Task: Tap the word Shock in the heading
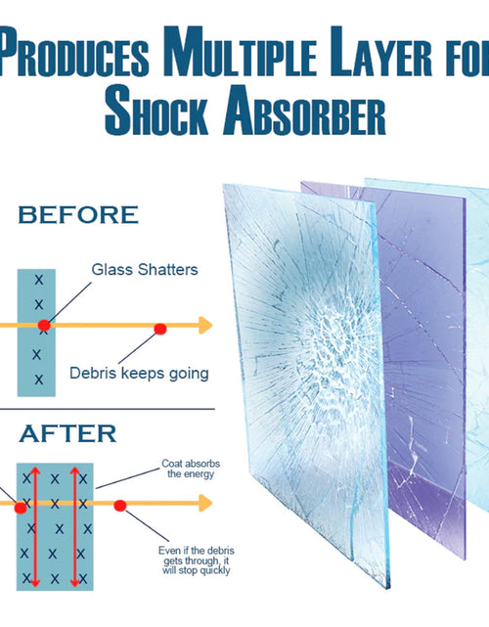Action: pos(156,111)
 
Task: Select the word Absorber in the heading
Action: pos(305,111)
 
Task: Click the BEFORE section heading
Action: pos(78,215)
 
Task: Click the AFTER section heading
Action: pos(67,433)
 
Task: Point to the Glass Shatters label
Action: pos(145,270)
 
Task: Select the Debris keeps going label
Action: pos(139,374)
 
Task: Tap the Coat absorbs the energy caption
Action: pos(191,469)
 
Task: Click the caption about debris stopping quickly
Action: pos(197,560)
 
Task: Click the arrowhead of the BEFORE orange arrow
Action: pos(205,325)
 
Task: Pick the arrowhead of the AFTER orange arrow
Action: pos(205,503)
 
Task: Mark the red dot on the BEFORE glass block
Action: pos(44,325)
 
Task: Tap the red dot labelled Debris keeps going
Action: pos(160,329)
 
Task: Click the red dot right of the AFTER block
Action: pos(120,506)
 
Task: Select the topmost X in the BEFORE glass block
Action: pos(39,280)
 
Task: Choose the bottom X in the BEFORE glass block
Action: pos(39,380)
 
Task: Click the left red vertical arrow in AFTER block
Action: pos(35,526)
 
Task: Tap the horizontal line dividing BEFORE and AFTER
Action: pos(108,409)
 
